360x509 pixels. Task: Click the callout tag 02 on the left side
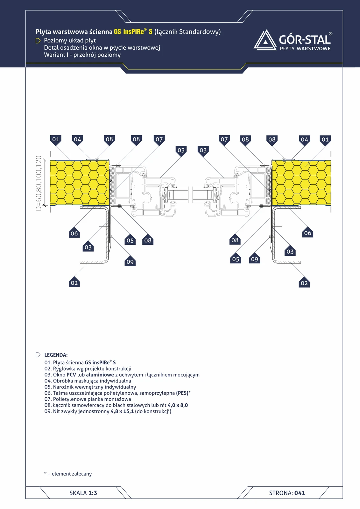click(x=74, y=282)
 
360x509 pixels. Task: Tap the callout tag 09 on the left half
click(x=130, y=261)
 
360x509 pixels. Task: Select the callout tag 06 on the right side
click(x=307, y=232)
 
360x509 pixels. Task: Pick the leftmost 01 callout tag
click(x=56, y=140)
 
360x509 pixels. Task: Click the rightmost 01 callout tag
click(x=325, y=140)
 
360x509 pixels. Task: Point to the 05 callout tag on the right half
click(x=236, y=258)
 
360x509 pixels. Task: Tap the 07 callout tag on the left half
click(x=159, y=140)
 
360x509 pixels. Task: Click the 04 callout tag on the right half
click(x=305, y=140)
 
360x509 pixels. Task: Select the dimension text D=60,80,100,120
click(x=39, y=183)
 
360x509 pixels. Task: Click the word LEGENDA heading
click(x=56, y=355)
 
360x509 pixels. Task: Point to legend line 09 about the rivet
click(x=108, y=411)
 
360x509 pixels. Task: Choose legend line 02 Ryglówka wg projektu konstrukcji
click(x=88, y=369)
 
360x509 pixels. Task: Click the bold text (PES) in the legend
click(x=182, y=393)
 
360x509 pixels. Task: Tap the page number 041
click(x=300, y=493)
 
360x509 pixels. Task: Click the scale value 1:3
click(x=93, y=493)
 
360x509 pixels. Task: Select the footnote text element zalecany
click(x=72, y=474)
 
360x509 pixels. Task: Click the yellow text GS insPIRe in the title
click(x=129, y=31)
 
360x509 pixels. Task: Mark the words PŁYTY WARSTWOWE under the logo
click(x=305, y=48)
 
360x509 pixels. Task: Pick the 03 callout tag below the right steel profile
click(x=290, y=251)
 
